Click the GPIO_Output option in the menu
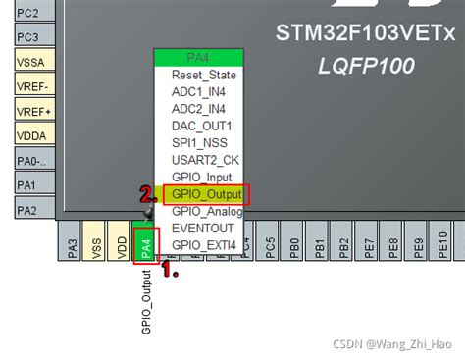click(x=207, y=194)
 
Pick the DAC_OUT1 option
click(x=201, y=126)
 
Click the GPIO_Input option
click(x=201, y=178)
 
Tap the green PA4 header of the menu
click(x=201, y=58)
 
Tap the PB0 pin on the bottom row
click(x=294, y=250)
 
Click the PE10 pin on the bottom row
click(x=443, y=250)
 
